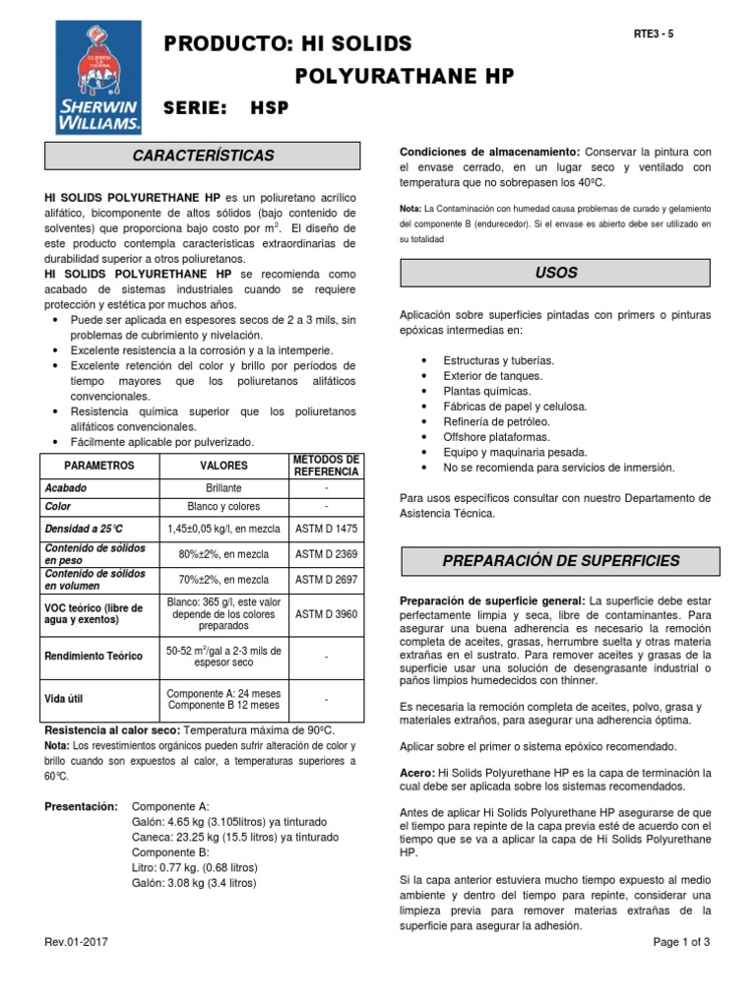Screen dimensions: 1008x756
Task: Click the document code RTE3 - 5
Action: [x=654, y=33]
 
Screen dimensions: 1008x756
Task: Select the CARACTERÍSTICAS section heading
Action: [x=204, y=156]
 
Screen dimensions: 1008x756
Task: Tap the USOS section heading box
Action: [x=555, y=272]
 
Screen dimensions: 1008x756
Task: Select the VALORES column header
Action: [x=223, y=465]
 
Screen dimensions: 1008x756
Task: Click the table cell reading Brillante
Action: [x=223, y=487]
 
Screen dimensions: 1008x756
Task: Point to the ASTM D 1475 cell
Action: [x=326, y=529]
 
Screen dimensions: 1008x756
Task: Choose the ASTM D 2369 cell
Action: [x=326, y=554]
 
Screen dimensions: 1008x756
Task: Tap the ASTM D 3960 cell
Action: [x=326, y=613]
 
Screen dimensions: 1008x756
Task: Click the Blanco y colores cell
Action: [x=223, y=506]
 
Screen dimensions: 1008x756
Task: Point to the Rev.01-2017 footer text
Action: [x=77, y=942]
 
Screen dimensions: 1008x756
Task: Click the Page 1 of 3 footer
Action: [x=681, y=942]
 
